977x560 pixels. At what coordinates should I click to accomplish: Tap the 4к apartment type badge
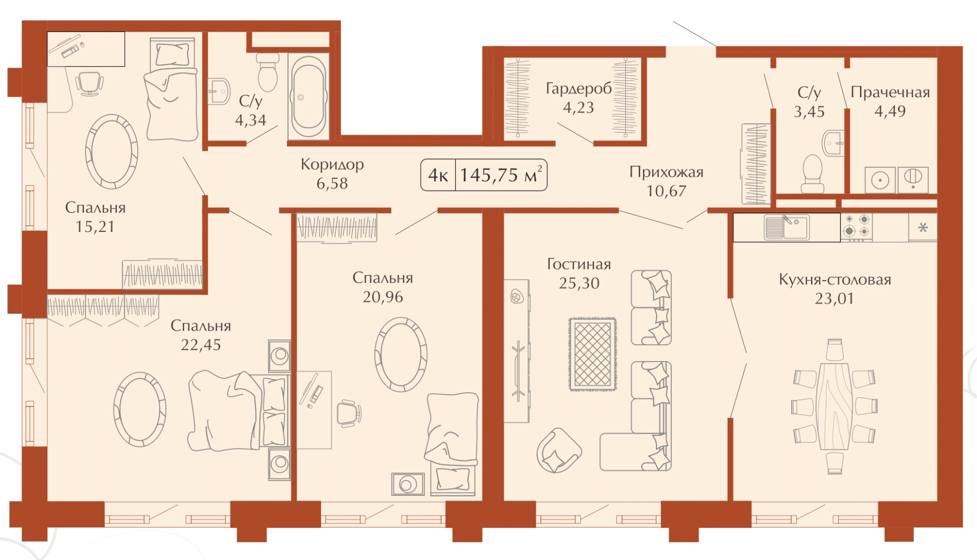438,175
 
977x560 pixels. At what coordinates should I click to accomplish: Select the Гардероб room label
579,89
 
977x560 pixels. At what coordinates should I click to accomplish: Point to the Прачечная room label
890,92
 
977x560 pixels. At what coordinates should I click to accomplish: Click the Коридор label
332,164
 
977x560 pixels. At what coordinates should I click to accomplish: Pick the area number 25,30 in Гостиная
579,283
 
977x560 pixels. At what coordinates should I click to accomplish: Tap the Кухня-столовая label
835,279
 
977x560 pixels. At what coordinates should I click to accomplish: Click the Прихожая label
666,172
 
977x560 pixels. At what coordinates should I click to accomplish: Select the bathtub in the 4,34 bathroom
308,97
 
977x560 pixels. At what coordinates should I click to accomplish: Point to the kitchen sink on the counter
786,227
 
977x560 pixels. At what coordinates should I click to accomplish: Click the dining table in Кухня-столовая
835,406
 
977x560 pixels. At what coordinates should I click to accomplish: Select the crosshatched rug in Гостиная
592,354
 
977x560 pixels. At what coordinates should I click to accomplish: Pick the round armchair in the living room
559,450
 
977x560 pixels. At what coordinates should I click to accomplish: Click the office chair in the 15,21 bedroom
90,83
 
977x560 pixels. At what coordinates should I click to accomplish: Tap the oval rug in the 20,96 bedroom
401,354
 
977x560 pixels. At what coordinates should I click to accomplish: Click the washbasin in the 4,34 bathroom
219,91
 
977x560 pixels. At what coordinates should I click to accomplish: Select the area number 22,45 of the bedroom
201,345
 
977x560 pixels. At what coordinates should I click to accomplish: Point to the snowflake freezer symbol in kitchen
923,227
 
